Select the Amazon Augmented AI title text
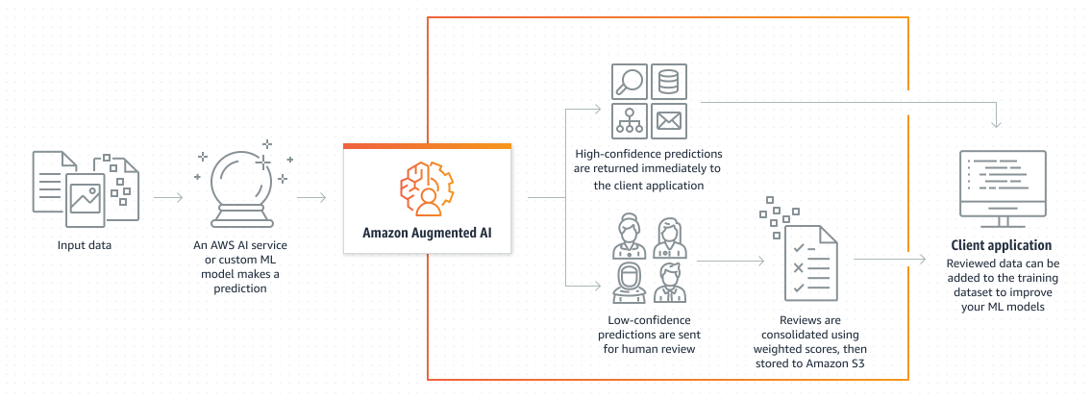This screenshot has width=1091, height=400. point(426,232)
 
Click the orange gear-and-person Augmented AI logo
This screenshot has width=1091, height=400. point(427,187)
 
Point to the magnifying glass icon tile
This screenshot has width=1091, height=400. point(629,81)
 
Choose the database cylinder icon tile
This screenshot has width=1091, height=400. point(667,81)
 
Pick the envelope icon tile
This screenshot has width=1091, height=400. point(667,120)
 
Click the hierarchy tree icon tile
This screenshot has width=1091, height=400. point(629,120)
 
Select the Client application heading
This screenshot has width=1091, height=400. point(1001,245)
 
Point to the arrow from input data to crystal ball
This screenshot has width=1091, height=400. point(167,198)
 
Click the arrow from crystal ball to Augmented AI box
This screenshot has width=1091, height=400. point(312,198)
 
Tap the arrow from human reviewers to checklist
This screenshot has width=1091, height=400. point(731,260)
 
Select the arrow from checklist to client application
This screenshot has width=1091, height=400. point(889,260)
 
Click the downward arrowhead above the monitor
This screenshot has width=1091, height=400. point(1000,123)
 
